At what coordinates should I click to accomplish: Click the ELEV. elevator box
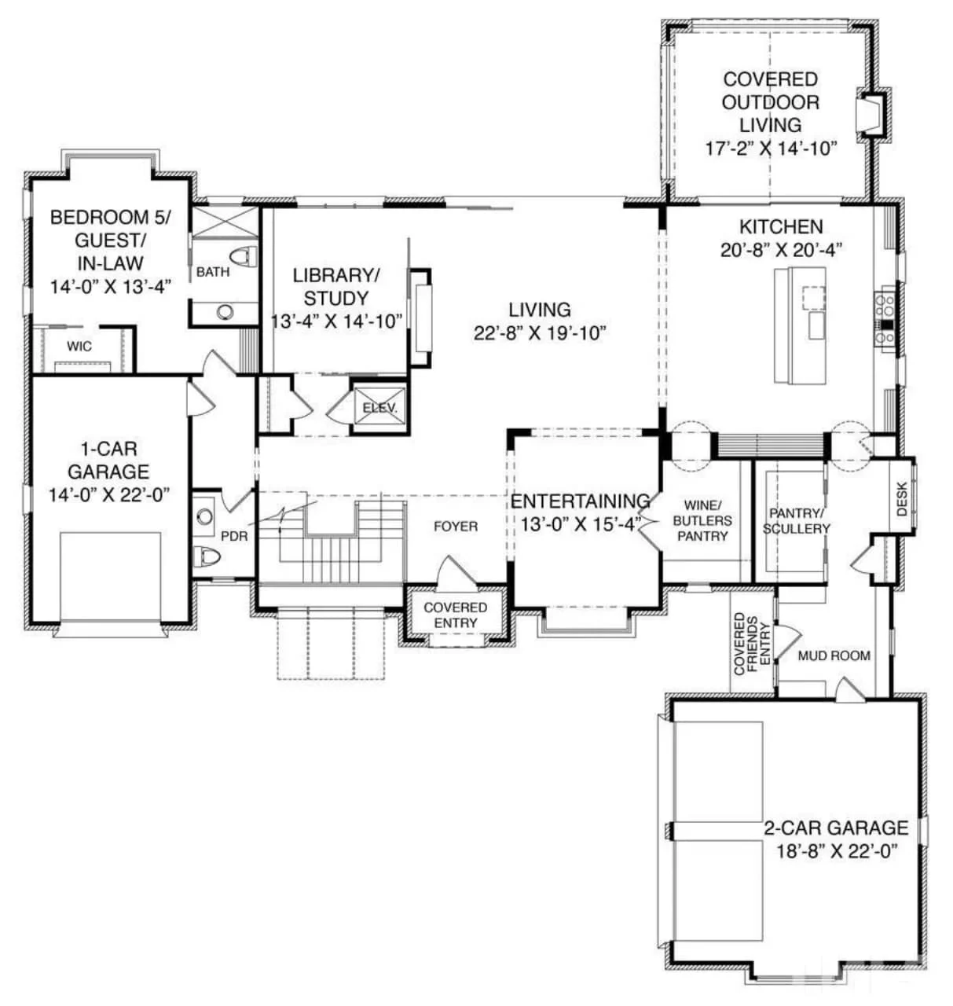point(379,408)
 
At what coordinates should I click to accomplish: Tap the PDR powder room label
point(234,537)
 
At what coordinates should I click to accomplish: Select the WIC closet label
point(79,346)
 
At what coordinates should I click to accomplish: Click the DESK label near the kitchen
point(901,498)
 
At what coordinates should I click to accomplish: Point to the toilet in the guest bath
point(246,256)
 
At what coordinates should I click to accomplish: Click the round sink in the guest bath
point(225,312)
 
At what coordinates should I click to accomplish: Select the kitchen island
point(800,325)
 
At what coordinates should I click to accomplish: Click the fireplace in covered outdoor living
point(871,115)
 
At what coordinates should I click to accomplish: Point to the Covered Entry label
point(455,615)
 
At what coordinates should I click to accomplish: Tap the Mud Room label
point(834,655)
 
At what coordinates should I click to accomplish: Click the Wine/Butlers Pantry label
point(702,520)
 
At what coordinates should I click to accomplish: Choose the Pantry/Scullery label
point(796,521)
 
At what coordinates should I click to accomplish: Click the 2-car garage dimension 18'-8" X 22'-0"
point(835,850)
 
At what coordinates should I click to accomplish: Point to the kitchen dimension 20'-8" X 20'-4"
point(781,251)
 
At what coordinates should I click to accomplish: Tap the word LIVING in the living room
point(539,310)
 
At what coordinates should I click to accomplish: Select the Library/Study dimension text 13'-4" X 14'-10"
point(337,321)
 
